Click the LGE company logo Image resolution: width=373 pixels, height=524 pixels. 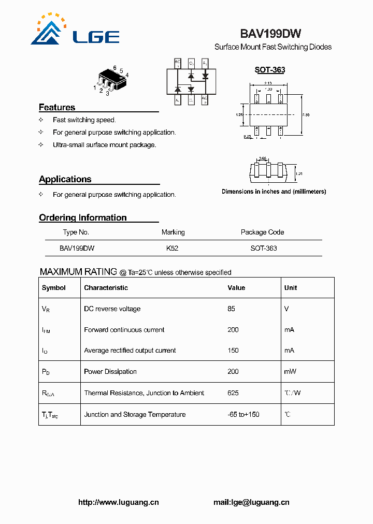click(x=75, y=31)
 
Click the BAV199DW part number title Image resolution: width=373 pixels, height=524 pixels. click(x=270, y=34)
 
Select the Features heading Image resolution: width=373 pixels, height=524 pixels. click(x=57, y=107)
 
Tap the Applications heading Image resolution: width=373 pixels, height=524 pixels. click(x=65, y=179)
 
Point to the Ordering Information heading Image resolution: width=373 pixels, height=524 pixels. click(x=83, y=217)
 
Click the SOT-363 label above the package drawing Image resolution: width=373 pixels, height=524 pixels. click(x=269, y=70)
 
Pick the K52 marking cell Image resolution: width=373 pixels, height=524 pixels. click(x=172, y=248)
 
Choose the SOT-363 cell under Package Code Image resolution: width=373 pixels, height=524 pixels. click(x=264, y=248)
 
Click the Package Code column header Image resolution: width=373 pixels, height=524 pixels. click(x=262, y=232)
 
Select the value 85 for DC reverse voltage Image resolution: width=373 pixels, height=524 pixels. click(x=231, y=309)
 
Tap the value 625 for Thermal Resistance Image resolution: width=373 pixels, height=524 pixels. click(x=233, y=393)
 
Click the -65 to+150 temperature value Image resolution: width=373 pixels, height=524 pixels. click(x=243, y=414)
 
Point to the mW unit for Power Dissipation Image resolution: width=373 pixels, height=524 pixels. click(x=290, y=371)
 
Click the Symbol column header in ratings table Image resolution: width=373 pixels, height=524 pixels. click(x=54, y=288)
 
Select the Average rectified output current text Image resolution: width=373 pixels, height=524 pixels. click(x=130, y=351)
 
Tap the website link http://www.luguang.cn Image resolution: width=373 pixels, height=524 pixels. click(x=118, y=502)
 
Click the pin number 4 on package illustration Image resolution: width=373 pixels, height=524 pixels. click(x=127, y=75)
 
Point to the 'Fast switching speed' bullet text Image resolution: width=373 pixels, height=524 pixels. click(x=84, y=120)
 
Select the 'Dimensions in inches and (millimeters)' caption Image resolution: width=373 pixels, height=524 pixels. click(x=274, y=192)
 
